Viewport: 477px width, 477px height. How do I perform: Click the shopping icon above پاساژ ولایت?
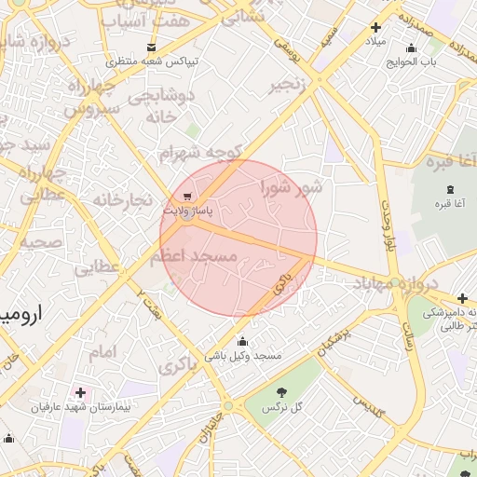pos(188,197)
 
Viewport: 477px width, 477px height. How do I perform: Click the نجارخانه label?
pos(121,199)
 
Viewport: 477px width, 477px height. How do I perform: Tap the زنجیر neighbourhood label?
pos(287,86)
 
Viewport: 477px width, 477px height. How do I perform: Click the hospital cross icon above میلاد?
pos(375,28)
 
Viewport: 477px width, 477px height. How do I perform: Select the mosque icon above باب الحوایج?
pos(412,48)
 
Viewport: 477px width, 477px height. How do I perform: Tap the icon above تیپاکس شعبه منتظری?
pos(152,47)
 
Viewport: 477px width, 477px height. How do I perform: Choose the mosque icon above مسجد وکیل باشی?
pos(243,341)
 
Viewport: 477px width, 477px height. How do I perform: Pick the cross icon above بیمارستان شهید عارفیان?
pos(80,392)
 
